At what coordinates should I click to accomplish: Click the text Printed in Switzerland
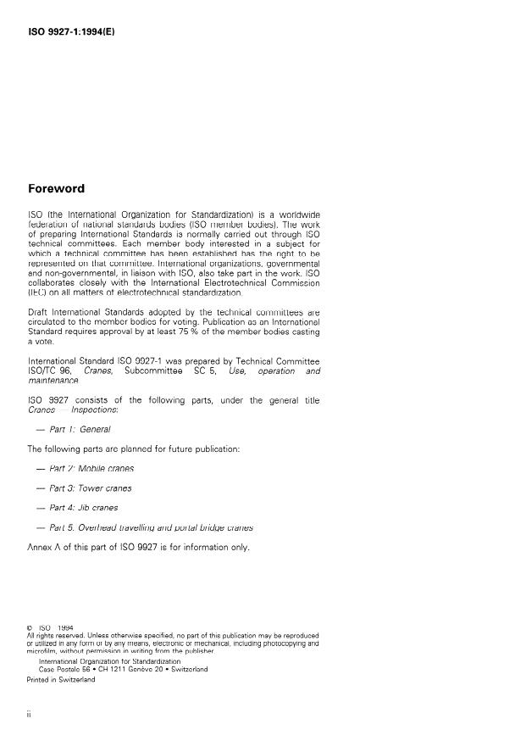coord(61,678)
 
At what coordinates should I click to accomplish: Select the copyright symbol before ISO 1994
coord(30,628)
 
